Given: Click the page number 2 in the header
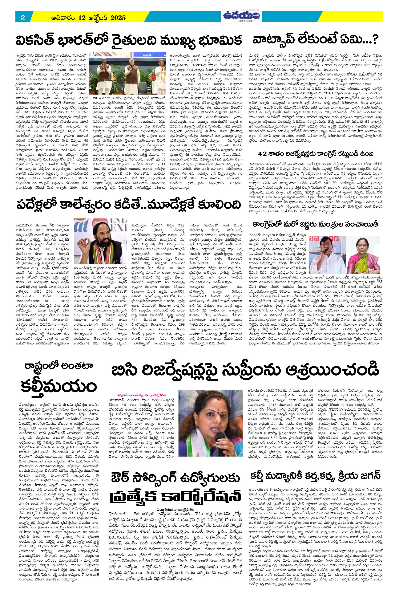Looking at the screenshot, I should tap(23, 18).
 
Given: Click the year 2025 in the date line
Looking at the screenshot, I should tap(117, 18).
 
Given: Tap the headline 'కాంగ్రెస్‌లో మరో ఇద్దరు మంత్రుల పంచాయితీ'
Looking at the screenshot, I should tap(316, 224).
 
